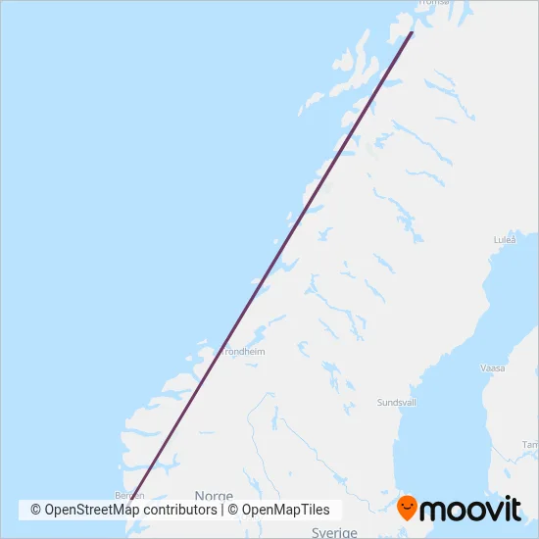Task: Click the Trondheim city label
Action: (x=244, y=350)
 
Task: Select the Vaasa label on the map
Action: (x=492, y=368)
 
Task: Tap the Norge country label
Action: (x=215, y=496)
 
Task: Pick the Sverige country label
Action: (x=334, y=532)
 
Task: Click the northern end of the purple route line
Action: (x=412, y=32)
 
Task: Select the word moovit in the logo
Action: (x=471, y=510)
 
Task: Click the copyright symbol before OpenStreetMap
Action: (x=36, y=510)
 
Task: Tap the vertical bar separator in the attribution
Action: (x=222, y=510)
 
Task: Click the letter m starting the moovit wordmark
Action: (x=434, y=511)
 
